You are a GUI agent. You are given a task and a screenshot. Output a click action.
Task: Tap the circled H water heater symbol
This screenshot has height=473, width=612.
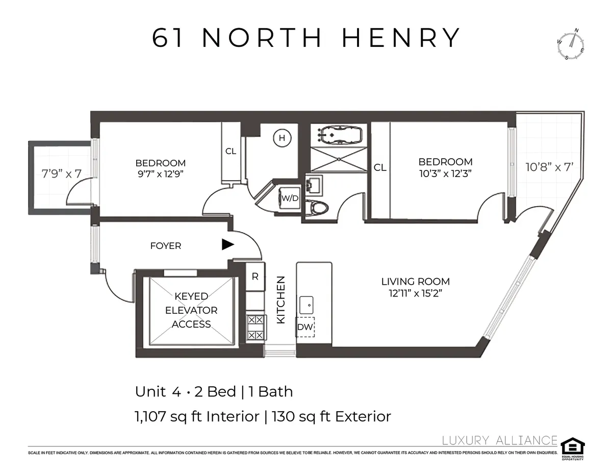point(281,137)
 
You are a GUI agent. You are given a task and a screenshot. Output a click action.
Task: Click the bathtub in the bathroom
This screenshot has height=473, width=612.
point(339,136)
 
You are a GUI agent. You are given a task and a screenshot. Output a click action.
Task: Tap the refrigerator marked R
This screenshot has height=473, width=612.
point(255,277)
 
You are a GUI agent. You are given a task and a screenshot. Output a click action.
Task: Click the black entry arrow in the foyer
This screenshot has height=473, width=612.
point(227,245)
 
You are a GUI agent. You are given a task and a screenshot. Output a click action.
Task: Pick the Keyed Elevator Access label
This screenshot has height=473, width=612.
point(191,310)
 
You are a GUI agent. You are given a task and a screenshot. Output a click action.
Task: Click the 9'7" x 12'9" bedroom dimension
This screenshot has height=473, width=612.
point(160,173)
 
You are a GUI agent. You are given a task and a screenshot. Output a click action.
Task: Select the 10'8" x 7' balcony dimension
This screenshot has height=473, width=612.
point(550,166)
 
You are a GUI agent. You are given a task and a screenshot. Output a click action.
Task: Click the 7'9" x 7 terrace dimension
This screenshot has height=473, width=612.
point(61,173)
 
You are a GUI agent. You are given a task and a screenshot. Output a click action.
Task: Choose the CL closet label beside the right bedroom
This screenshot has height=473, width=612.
point(380,167)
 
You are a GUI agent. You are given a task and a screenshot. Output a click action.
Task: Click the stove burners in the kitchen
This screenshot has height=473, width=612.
point(255,328)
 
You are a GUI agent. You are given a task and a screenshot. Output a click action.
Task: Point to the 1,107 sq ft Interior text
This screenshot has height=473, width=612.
point(197,416)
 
